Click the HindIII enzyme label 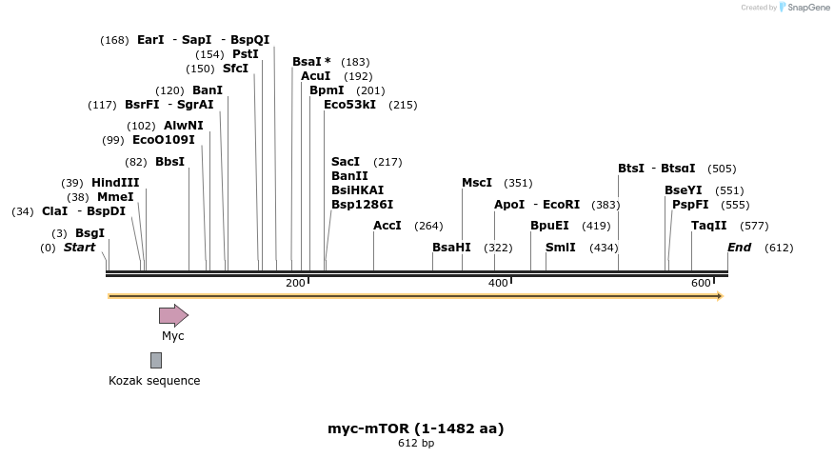click(x=115, y=183)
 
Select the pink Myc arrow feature click(x=173, y=315)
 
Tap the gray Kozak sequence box click(x=156, y=360)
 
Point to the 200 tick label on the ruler click(x=295, y=283)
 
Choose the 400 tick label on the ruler click(x=498, y=283)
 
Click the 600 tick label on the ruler click(x=701, y=283)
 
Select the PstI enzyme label click(x=245, y=54)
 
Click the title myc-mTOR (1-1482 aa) click(x=416, y=428)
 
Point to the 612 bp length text click(x=416, y=443)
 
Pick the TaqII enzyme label click(x=708, y=226)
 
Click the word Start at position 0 click(x=79, y=248)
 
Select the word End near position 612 click(x=739, y=248)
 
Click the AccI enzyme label click(x=387, y=226)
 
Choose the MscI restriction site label click(x=477, y=183)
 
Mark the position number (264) click(x=428, y=226)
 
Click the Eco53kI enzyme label click(x=349, y=105)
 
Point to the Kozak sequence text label click(x=154, y=381)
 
